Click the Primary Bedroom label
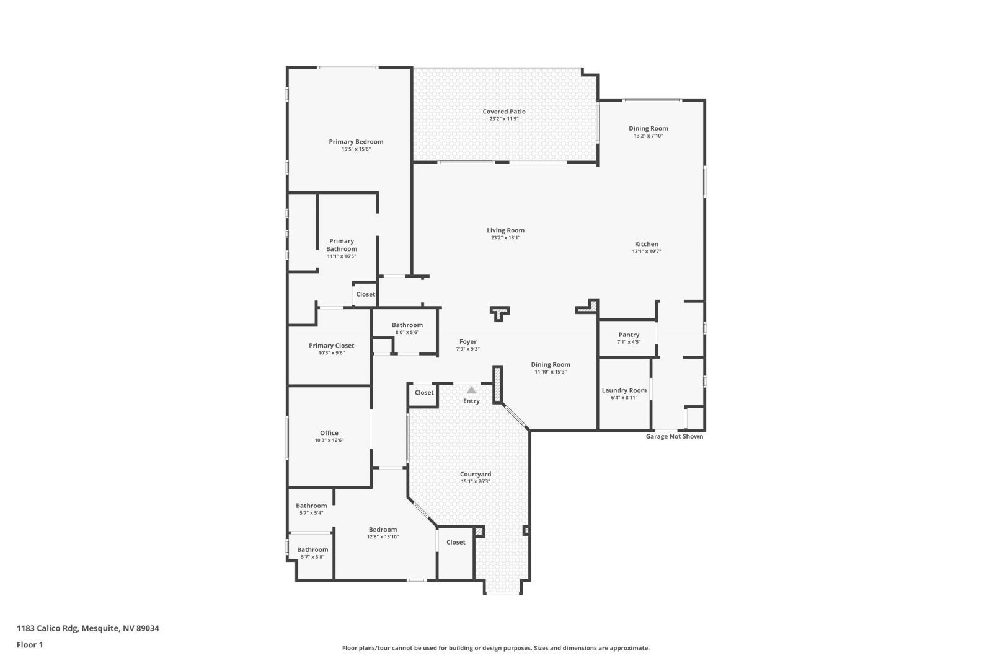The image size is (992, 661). [x=356, y=142]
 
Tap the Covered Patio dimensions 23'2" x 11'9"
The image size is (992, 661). [x=503, y=119]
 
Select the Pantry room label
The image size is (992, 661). [x=629, y=335]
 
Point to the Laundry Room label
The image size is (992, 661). [x=624, y=390]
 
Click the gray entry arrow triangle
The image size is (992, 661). [x=471, y=390]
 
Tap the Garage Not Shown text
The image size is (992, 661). [x=674, y=436]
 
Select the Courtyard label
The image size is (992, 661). [x=476, y=474]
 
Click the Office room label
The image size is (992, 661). [x=329, y=433]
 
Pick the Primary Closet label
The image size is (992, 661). [x=331, y=346]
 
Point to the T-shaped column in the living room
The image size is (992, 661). [x=499, y=313]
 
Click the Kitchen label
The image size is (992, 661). [x=646, y=244]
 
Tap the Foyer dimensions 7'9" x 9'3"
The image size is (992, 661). [x=467, y=349]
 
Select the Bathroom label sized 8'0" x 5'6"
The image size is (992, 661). [x=407, y=325]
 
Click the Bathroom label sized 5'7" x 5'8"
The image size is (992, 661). [x=312, y=549]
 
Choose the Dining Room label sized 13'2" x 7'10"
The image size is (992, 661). [x=648, y=129]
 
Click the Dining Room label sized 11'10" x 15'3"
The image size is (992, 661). [x=550, y=365]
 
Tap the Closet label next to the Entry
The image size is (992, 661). [x=424, y=392]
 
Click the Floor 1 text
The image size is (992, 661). [x=30, y=645]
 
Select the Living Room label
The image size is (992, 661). [x=505, y=230]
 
